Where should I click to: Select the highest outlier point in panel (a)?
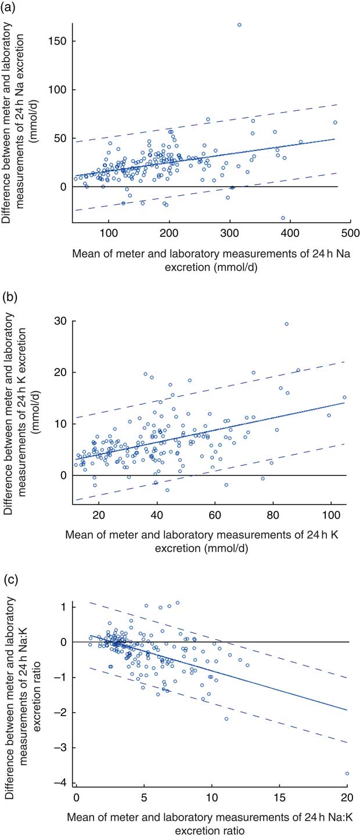[x=239, y=25]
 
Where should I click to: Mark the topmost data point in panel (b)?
[x=286, y=324]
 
